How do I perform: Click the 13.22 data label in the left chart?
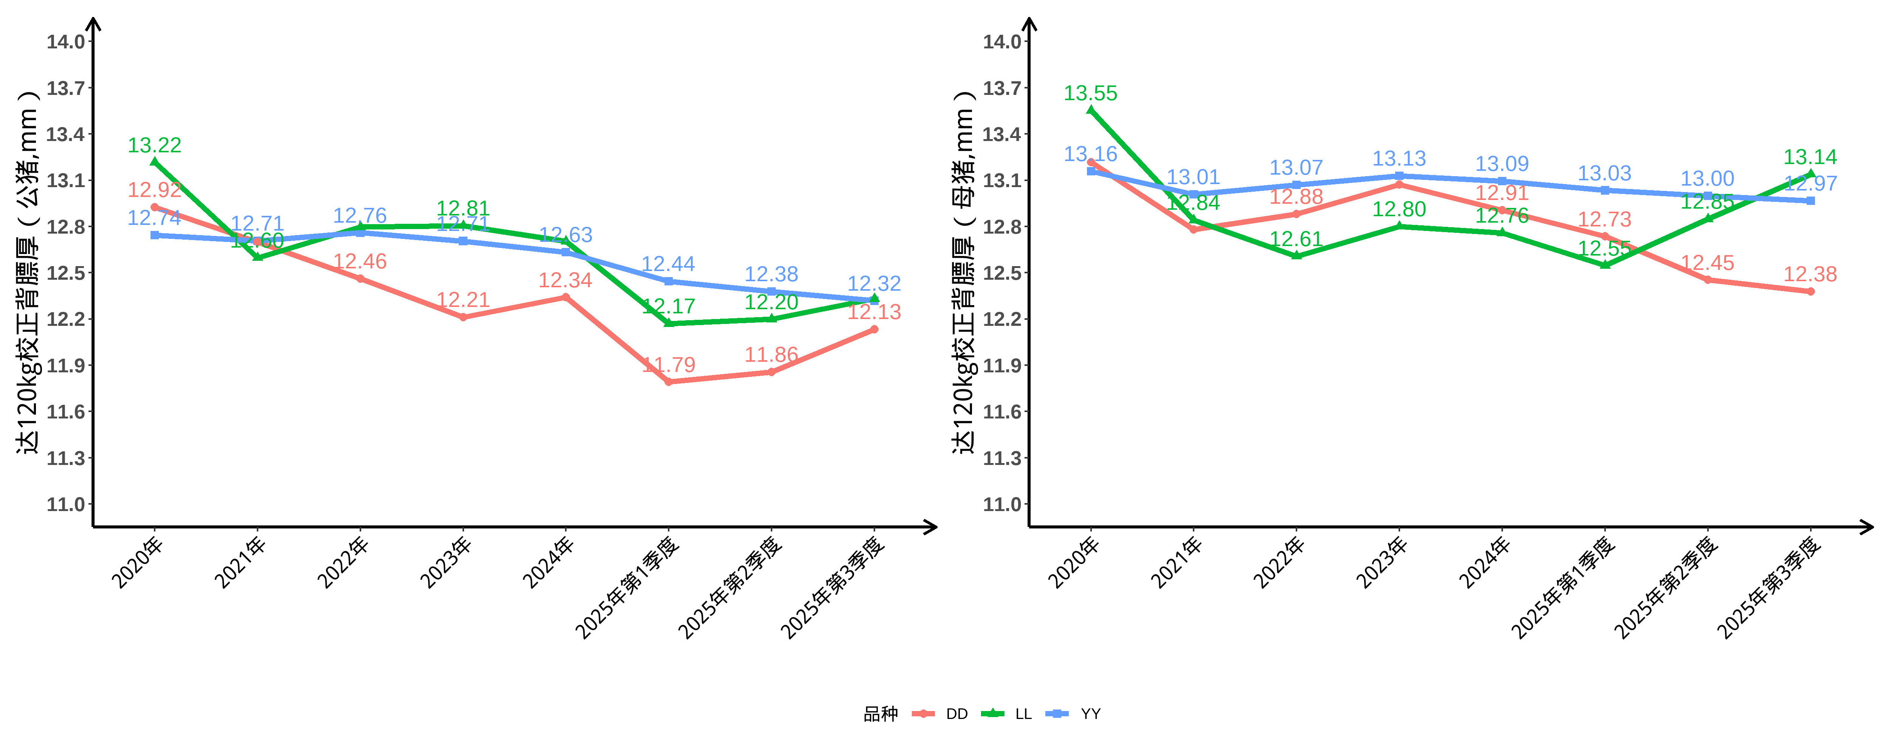[x=154, y=145]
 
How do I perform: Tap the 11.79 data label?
[x=669, y=365]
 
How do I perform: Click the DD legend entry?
[x=956, y=713]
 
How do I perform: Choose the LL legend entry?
[x=1023, y=713]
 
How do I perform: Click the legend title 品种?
[x=880, y=713]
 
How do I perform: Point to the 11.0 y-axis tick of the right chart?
[x=1002, y=504]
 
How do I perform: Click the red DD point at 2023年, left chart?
[x=463, y=317]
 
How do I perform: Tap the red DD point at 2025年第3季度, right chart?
[x=1810, y=291]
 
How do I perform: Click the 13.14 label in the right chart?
[x=1810, y=157]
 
